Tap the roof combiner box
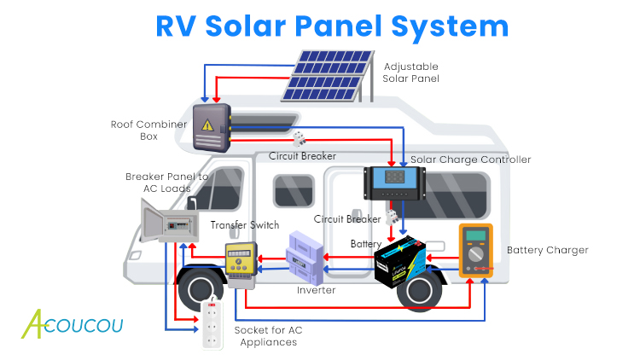(x=210, y=127)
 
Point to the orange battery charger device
(x=476, y=251)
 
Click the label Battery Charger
(x=547, y=250)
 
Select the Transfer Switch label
(x=244, y=225)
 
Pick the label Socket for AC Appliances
(x=268, y=335)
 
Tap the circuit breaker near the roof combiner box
(x=299, y=138)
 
